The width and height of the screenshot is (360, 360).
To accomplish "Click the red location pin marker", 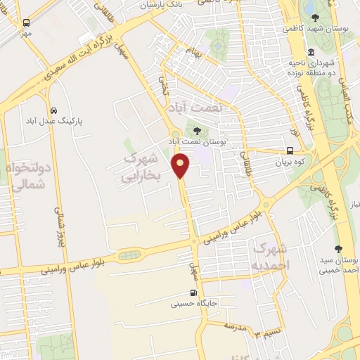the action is (x=181, y=165).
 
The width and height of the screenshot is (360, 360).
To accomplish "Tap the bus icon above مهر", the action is (x=26, y=23).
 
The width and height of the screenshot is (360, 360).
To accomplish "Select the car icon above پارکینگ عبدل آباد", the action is (x=54, y=110).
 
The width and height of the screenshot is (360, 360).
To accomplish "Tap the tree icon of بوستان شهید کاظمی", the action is (x=313, y=18).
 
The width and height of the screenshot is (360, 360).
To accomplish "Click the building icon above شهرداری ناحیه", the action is (x=311, y=53).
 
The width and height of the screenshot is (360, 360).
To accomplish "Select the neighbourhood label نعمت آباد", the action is (x=195, y=107).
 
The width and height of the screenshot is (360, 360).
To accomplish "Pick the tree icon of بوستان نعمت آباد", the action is (x=197, y=129).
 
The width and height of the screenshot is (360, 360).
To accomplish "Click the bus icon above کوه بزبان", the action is (x=290, y=150).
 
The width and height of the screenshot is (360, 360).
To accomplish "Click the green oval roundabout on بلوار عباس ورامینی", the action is (x=128, y=255).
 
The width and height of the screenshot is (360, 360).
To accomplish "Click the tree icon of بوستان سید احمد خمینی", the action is (x=339, y=249).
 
